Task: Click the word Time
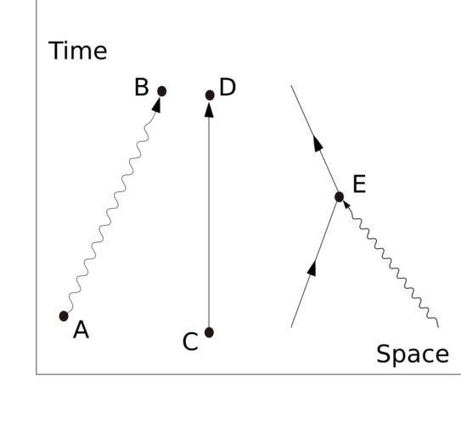77,51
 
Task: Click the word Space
413,354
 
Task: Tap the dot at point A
64,316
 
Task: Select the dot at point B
161,91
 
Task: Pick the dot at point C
209,332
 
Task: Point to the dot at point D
210,95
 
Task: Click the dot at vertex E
340,196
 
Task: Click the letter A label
82,330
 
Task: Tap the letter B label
142,87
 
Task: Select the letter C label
190,342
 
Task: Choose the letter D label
228,88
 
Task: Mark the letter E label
359,184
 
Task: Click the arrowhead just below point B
157,105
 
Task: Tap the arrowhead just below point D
209,110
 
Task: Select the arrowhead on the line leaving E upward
318,143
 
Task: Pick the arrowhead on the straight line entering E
312,268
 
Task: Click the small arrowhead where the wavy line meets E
346,205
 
